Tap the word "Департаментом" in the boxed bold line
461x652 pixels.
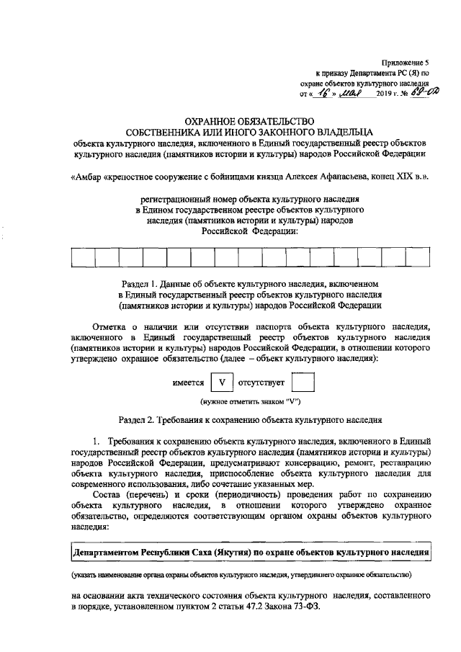107,553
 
